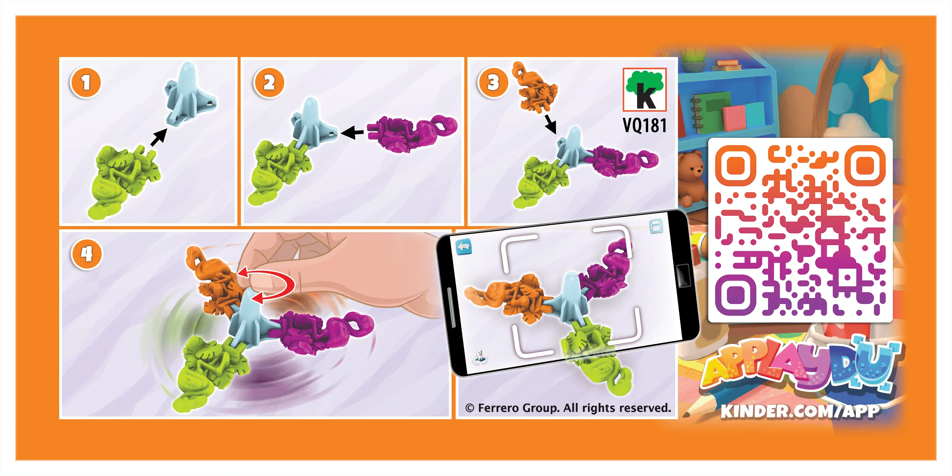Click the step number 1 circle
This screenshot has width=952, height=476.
point(85,82)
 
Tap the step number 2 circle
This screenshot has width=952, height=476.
point(269,82)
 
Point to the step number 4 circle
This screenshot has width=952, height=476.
point(87,254)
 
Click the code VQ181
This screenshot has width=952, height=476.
point(645,125)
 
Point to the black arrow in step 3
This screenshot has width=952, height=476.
point(550,124)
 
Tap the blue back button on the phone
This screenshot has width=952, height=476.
point(464,247)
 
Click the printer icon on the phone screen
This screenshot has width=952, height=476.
point(656,226)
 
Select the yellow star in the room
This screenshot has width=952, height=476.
point(881,81)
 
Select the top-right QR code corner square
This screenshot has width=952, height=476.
point(866,165)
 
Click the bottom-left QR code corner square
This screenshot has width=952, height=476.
point(735,295)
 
